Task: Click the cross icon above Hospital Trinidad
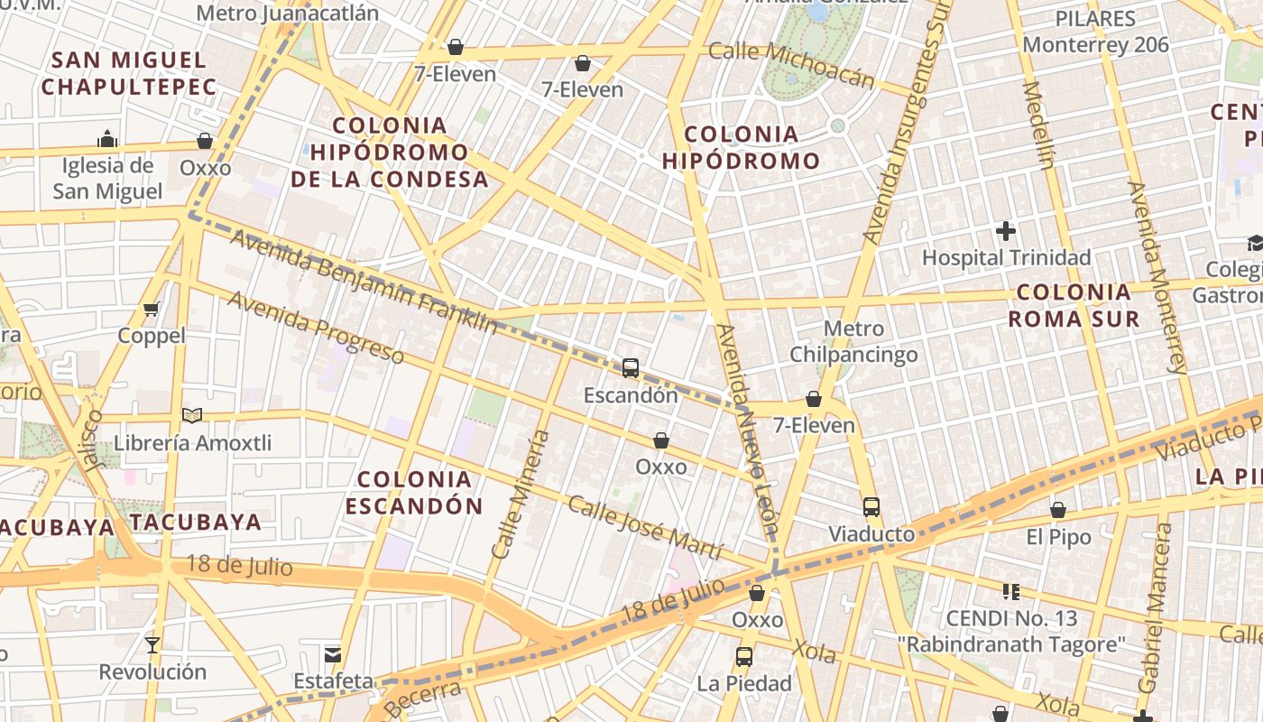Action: [x=1006, y=232]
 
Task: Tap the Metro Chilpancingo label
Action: [x=853, y=341]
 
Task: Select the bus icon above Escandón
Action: [x=631, y=368]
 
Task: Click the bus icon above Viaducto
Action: [x=871, y=507]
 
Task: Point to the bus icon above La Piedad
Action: [x=744, y=657]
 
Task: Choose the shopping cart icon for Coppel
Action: [x=152, y=310]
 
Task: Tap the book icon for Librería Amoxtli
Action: [x=192, y=415]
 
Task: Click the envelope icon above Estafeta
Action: [x=333, y=654]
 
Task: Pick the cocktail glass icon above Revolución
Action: [x=152, y=645]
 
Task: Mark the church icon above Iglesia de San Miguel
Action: [x=107, y=139]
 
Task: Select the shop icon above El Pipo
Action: [x=1058, y=511]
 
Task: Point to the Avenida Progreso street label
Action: [x=315, y=326]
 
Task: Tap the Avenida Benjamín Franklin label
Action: [x=364, y=281]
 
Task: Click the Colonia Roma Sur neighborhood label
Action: [x=1074, y=305]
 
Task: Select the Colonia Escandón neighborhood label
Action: [x=414, y=492]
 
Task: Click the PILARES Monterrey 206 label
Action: [x=1095, y=32]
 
